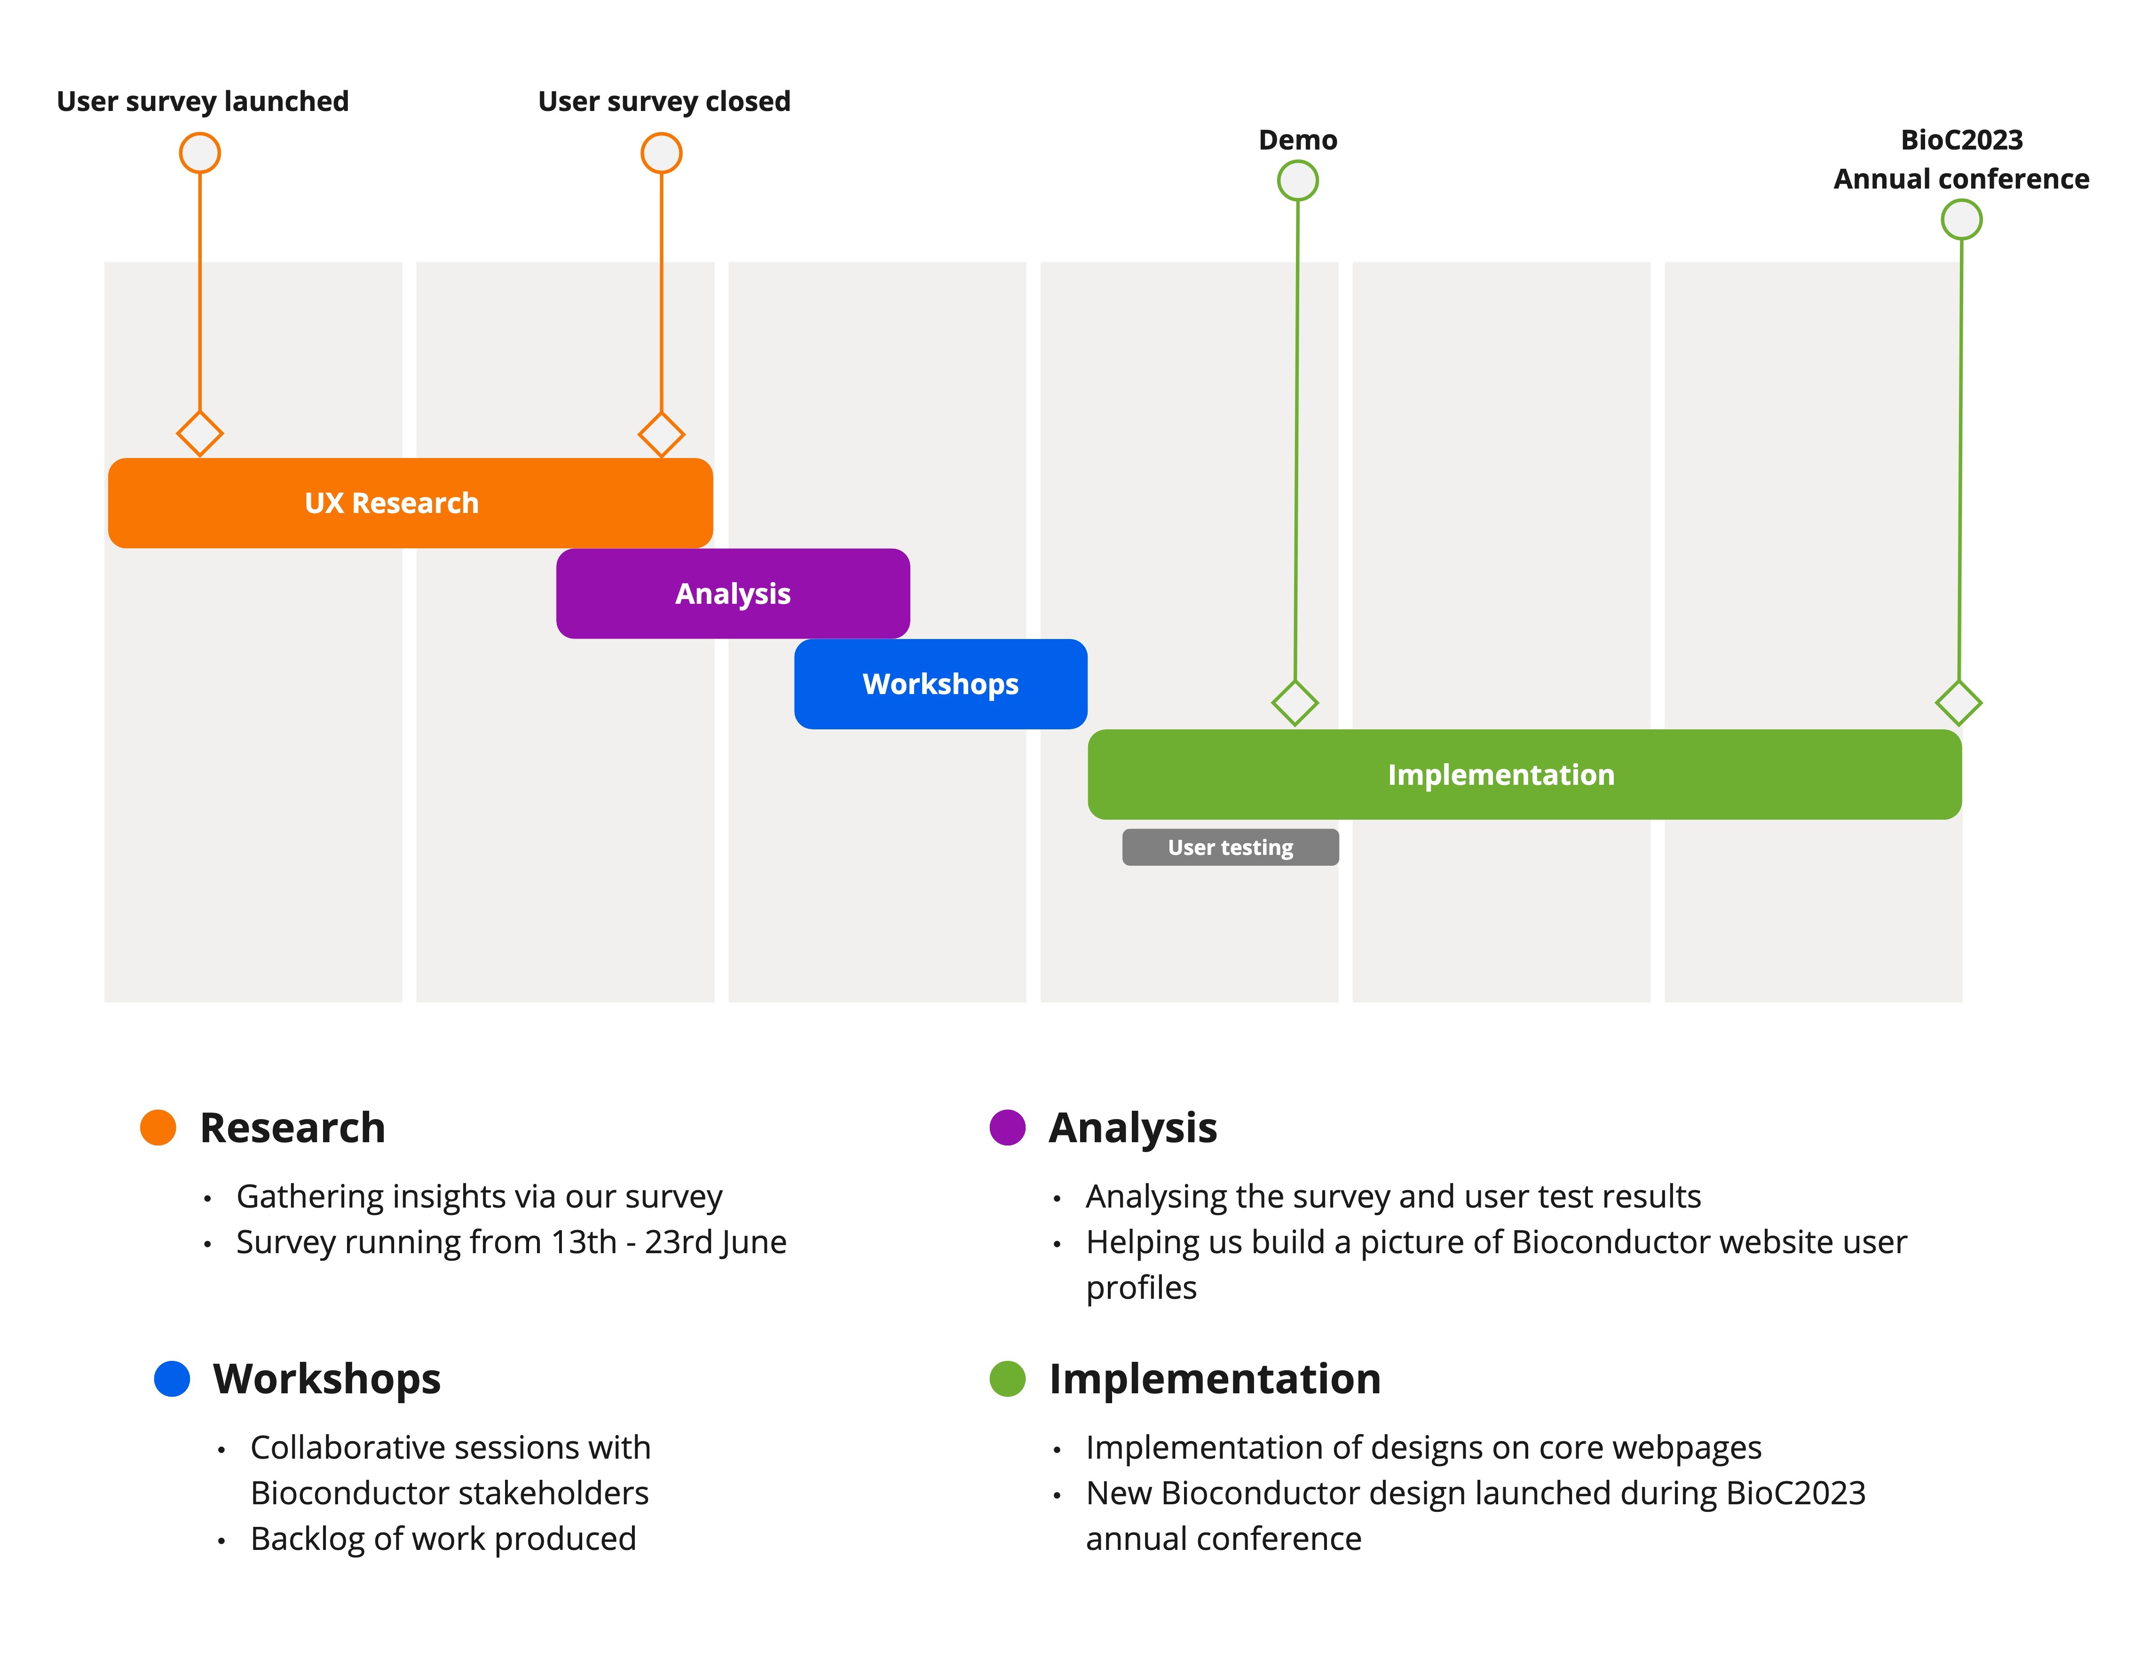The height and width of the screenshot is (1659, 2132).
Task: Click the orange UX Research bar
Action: (410, 503)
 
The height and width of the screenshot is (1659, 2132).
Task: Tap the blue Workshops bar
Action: (940, 684)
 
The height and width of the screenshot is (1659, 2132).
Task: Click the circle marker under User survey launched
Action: (200, 153)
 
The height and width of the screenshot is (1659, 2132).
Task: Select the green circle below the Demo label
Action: (1297, 181)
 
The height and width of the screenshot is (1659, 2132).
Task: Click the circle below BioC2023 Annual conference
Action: (1961, 220)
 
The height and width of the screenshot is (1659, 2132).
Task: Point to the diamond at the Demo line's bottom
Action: (1295, 703)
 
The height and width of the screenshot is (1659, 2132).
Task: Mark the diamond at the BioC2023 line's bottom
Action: (1958, 703)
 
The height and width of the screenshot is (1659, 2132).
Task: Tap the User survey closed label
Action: (664, 102)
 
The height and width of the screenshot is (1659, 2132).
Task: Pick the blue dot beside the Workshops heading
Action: (172, 1379)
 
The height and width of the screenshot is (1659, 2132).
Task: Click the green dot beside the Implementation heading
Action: (1007, 1379)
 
